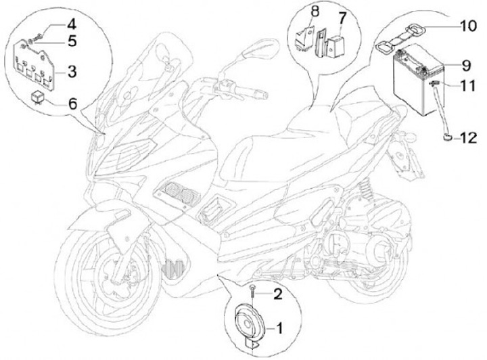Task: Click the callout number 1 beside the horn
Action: (279, 328)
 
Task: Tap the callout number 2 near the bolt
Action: (277, 294)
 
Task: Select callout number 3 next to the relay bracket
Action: (72, 72)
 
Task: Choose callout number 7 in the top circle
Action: (342, 18)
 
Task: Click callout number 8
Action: (315, 12)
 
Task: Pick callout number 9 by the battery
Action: (466, 66)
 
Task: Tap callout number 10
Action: (468, 26)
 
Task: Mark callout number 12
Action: (468, 138)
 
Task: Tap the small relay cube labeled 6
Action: (38, 96)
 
